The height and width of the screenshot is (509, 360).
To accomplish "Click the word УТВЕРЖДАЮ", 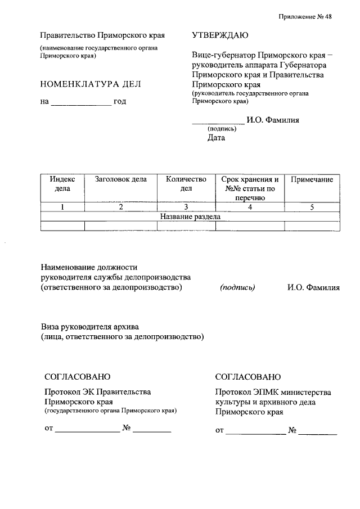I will (x=220, y=35).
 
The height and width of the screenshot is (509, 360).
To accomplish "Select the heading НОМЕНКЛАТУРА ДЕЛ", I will (x=91, y=84).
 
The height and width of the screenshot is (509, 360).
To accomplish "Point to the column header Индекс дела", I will (x=62, y=184).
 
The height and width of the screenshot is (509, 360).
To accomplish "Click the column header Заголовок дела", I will (x=121, y=179).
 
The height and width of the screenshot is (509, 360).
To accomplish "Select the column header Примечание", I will (x=312, y=179).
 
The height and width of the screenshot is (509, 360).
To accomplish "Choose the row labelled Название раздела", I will (x=190, y=217).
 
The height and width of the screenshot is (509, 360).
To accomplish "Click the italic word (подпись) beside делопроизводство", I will (x=238, y=287).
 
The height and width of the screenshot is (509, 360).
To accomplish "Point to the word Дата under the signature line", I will (x=216, y=138).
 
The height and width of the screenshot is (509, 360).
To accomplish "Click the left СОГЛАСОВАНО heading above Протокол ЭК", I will (x=78, y=376).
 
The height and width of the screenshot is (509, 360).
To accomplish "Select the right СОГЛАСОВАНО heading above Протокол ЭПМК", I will (x=247, y=376).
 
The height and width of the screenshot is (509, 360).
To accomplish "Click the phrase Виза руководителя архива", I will (x=89, y=326).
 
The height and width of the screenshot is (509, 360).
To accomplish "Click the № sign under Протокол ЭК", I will (x=127, y=429).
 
